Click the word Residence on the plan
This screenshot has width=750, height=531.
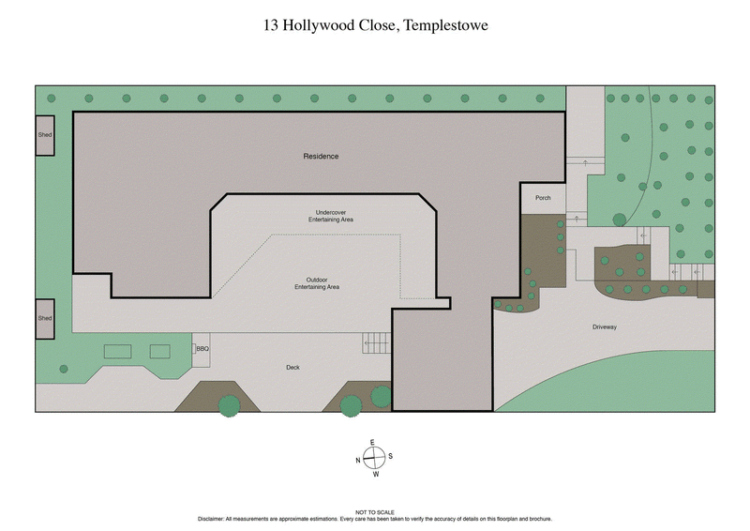tap(321, 156)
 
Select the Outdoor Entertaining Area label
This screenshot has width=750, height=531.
tap(322, 282)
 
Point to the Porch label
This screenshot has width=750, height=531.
tap(543, 198)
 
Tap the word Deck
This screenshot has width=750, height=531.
tap(292, 367)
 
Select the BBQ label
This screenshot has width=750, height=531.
tap(202, 349)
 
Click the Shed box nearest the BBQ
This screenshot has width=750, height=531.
tap(45, 318)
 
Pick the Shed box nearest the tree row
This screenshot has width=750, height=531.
tap(45, 135)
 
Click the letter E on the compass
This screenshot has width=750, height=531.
tap(373, 442)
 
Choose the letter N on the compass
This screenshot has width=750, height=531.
tap(357, 460)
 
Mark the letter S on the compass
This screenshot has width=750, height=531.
tap(390, 457)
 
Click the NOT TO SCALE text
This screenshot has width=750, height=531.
tap(374, 512)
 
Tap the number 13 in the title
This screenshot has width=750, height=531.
tap(271, 26)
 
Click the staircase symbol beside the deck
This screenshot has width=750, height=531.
tap(375, 343)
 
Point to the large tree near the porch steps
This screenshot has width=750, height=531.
tap(619, 220)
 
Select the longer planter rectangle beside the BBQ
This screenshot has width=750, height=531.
tap(118, 351)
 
